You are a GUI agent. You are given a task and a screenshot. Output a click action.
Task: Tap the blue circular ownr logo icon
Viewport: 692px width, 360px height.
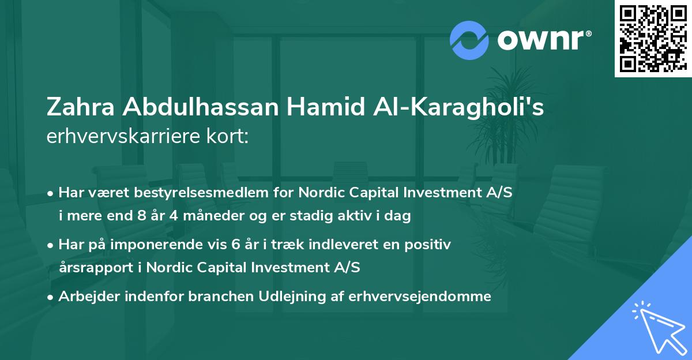(x=469, y=39)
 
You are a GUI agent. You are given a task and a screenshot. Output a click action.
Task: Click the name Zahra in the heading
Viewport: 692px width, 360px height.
(x=76, y=108)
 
